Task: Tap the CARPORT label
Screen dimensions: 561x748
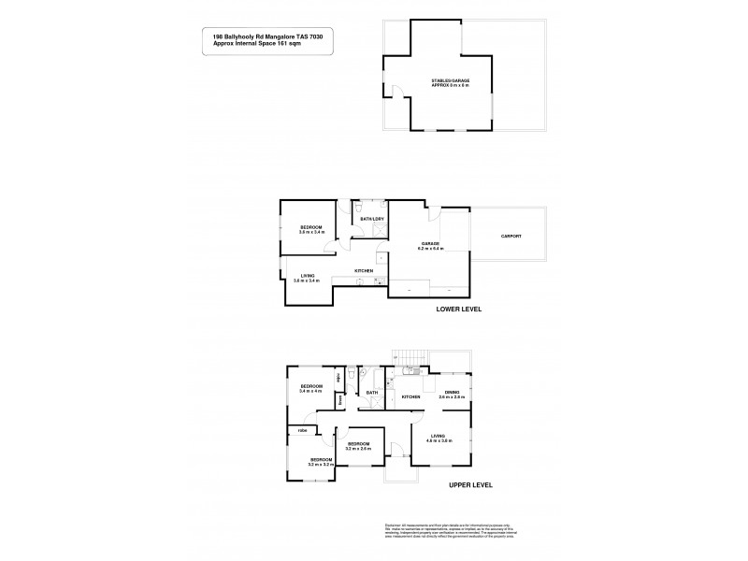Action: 511,236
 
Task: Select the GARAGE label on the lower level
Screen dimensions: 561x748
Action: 430,245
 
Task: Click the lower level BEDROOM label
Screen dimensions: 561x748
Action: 311,229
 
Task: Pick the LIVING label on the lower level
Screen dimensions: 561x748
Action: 307,277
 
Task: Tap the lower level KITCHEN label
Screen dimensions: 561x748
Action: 364,271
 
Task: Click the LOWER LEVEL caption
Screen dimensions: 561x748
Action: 458,309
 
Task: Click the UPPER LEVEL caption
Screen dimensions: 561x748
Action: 470,485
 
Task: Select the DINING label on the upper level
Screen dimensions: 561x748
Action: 452,394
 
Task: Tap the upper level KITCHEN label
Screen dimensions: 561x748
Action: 410,397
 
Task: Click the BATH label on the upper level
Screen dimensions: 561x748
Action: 371,393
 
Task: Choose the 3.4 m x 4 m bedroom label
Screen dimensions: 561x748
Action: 310,388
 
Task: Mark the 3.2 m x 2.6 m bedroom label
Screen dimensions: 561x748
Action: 358,446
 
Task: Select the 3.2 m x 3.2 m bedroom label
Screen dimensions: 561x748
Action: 323,461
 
